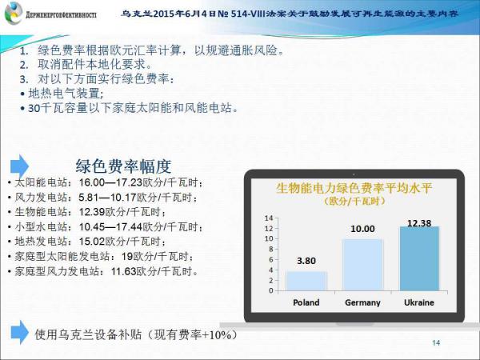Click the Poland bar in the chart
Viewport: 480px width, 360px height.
pos(306,281)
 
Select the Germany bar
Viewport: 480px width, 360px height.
pos(362,265)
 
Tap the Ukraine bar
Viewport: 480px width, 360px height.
pos(419,258)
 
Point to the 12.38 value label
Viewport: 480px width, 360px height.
pos(419,223)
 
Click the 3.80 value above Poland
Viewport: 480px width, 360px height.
pos(306,261)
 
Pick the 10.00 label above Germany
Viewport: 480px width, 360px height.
pos(362,229)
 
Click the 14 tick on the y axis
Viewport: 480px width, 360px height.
pos(269,218)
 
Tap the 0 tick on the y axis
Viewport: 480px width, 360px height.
pos(270,290)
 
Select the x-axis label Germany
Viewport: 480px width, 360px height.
pos(362,302)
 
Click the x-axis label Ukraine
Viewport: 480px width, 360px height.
pos(419,302)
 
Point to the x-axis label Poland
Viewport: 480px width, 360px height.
pos(306,302)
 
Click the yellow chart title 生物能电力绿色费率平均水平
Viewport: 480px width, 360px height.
pos(354,188)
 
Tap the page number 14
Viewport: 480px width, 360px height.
pos(436,343)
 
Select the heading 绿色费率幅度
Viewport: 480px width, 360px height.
pos(123,166)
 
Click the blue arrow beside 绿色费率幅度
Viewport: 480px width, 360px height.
pos(19,166)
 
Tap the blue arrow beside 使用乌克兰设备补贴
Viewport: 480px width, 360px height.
pos(19,333)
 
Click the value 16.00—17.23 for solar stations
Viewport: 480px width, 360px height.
pos(111,182)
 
